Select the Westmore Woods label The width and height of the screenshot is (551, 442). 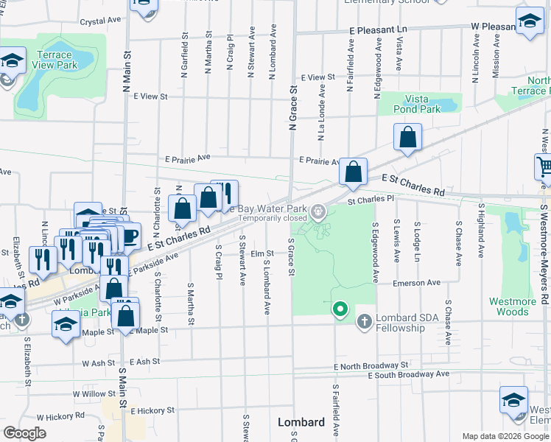tap(513, 306)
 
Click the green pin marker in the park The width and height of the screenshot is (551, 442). tap(340, 310)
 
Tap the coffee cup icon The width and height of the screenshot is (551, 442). tap(129, 236)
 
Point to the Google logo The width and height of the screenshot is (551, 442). tap(25, 433)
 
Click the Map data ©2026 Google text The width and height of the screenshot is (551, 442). tap(505, 436)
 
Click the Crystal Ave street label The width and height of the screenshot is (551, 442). tap(100, 22)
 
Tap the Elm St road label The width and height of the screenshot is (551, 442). tap(262, 253)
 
